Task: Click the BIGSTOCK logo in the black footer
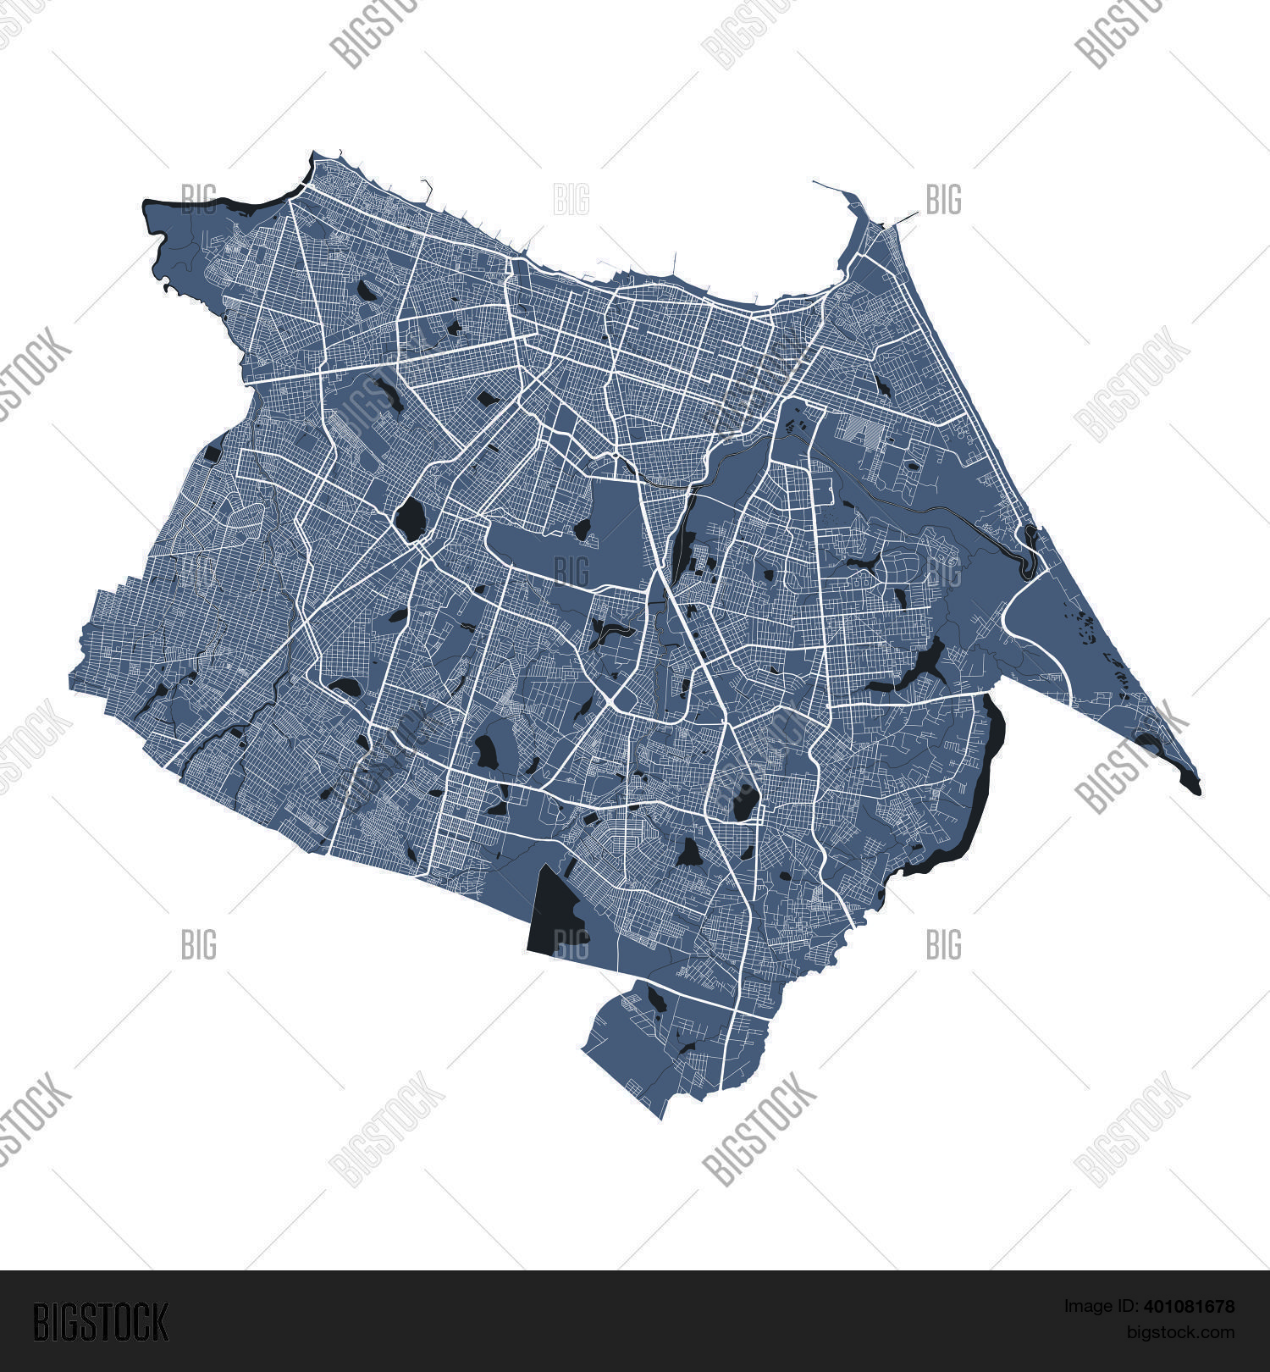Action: pos(100,1322)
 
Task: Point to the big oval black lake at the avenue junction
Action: pos(411,518)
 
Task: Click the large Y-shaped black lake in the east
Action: pos(923,665)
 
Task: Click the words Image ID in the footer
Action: pos(1091,1307)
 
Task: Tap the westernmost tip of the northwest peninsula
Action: pos(146,203)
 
